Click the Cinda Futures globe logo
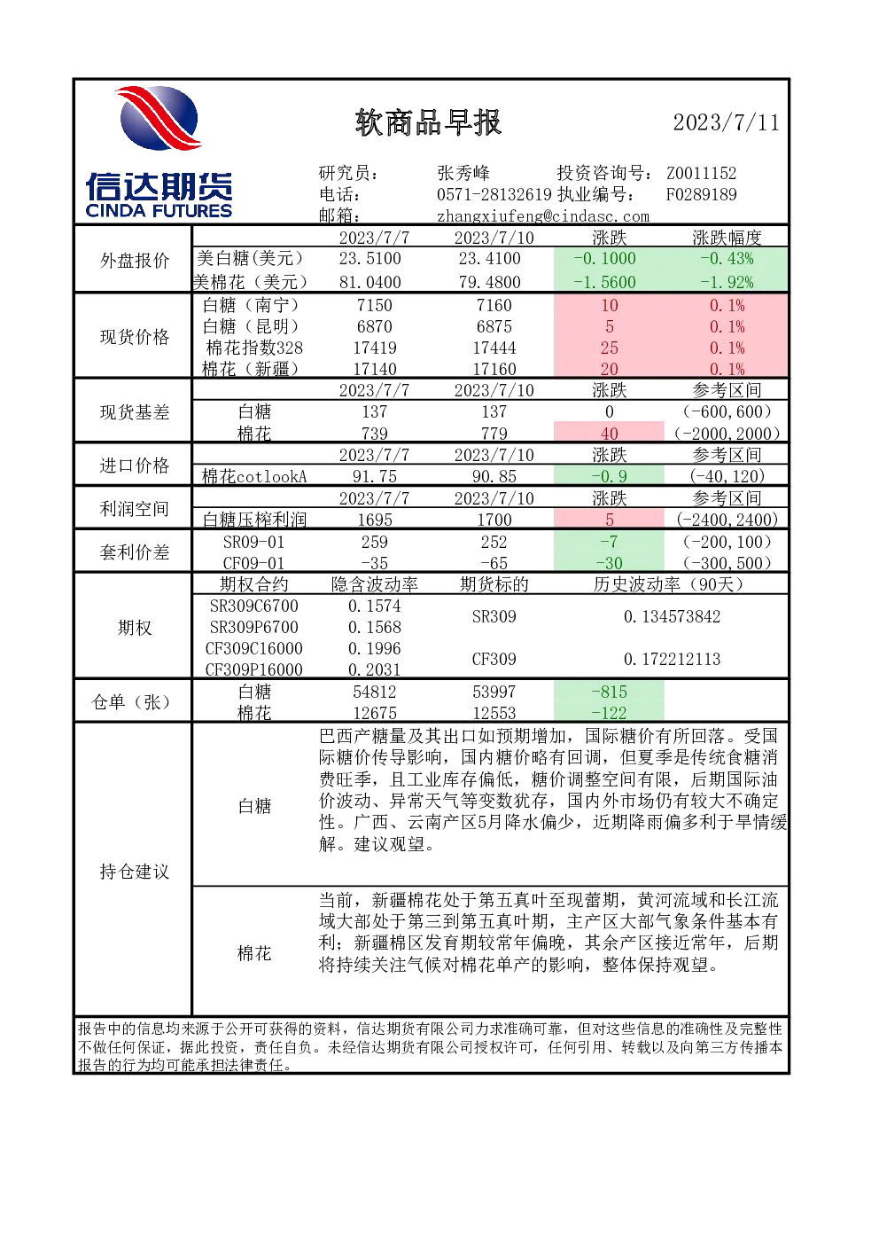(x=159, y=118)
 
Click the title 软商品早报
(x=428, y=122)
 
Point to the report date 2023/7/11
(x=726, y=122)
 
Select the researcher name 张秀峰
(x=463, y=173)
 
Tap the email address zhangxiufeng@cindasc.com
(x=542, y=216)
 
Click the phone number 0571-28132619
(x=494, y=194)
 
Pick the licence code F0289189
(x=702, y=194)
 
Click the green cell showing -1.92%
(x=727, y=282)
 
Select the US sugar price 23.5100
(x=370, y=258)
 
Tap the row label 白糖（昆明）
(x=251, y=326)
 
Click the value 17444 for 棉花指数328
(x=494, y=348)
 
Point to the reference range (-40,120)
(x=727, y=476)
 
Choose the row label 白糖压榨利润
(x=254, y=520)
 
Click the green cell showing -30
(x=609, y=563)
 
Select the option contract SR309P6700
(x=253, y=627)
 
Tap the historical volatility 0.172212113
(x=672, y=659)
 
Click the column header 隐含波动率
(x=375, y=584)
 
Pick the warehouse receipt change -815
(x=609, y=692)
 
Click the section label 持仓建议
(x=135, y=872)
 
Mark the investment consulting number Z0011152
(x=702, y=173)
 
